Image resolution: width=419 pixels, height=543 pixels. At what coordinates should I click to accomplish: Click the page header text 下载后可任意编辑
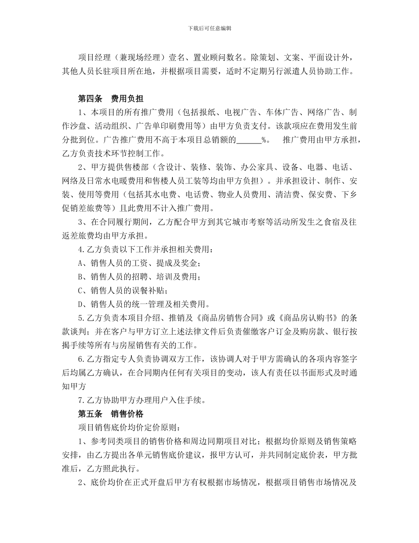click(x=209, y=28)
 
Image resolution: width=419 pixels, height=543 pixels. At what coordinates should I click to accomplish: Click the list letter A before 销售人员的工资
click(x=81, y=263)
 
